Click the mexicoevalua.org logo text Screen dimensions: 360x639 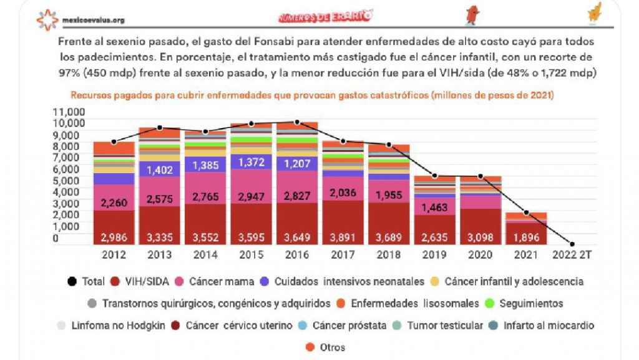93,20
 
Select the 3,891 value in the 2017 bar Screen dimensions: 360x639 343,237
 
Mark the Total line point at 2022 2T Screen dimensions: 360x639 572,244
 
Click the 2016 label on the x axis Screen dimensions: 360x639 297,254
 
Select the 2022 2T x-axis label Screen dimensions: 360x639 572,254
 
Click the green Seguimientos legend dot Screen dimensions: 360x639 489,304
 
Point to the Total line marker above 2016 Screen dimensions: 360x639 297,122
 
